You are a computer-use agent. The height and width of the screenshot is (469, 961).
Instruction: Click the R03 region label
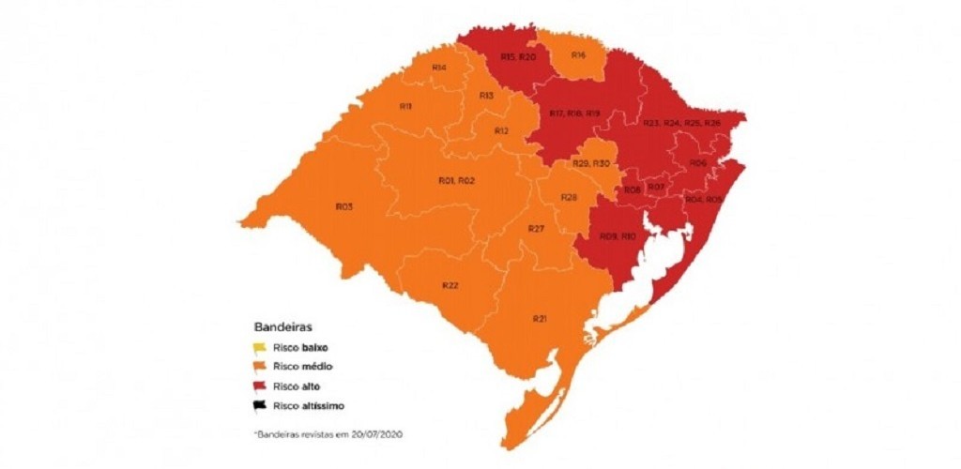click(x=343, y=205)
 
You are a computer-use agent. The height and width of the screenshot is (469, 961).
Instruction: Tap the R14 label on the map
click(x=438, y=68)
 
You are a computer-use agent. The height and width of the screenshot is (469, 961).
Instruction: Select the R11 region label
click(x=406, y=107)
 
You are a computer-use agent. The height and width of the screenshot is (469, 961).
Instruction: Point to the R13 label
click(x=486, y=96)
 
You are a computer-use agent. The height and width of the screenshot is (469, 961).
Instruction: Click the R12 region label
click(x=501, y=131)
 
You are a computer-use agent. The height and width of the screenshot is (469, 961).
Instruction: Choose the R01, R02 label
click(x=458, y=180)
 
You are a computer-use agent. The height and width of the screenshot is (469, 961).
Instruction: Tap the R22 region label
click(x=450, y=285)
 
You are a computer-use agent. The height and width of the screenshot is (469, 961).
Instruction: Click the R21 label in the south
click(x=540, y=320)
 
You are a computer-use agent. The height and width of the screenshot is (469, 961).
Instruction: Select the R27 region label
click(x=536, y=229)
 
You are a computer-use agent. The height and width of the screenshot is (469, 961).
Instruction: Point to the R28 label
click(x=568, y=197)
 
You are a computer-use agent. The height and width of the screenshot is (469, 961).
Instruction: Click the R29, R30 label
click(x=591, y=164)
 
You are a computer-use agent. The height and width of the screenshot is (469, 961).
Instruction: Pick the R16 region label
click(x=578, y=55)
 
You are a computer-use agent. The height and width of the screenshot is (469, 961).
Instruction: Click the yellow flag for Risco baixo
click(x=260, y=346)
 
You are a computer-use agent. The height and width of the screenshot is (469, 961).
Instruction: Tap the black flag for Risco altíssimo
click(x=260, y=405)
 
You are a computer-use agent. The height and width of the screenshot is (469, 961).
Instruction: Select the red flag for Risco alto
click(x=260, y=386)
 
